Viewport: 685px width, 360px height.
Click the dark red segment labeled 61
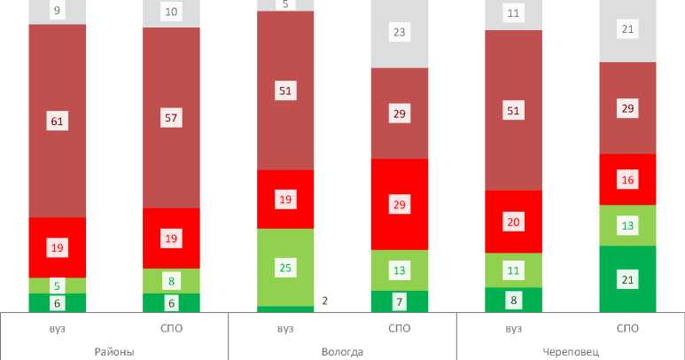[57, 121]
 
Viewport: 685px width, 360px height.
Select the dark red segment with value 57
[171, 117]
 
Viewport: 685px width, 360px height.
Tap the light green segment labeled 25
[285, 267]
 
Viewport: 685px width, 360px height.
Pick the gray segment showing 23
[399, 33]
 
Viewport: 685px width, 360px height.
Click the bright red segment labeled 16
[627, 179]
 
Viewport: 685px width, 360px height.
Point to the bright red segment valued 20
[513, 222]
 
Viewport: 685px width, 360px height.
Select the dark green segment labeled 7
[399, 302]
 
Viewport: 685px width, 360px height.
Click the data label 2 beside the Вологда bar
[325, 301]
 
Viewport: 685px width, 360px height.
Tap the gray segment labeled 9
[57, 12]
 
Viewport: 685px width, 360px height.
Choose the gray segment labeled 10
[171, 12]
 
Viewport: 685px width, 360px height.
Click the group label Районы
[113, 351]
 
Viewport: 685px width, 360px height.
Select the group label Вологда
[342, 351]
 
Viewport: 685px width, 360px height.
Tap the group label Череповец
[571, 351]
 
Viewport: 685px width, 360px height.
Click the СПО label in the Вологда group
[399, 329]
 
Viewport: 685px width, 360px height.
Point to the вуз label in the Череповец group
[513, 329]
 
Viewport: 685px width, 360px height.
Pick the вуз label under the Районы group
[57, 329]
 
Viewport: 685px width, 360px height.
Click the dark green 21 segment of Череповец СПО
[627, 279]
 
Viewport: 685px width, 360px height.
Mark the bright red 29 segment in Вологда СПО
[399, 204]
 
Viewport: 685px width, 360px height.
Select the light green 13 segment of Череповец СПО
[627, 225]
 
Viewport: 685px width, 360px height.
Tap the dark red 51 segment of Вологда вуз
[285, 90]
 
